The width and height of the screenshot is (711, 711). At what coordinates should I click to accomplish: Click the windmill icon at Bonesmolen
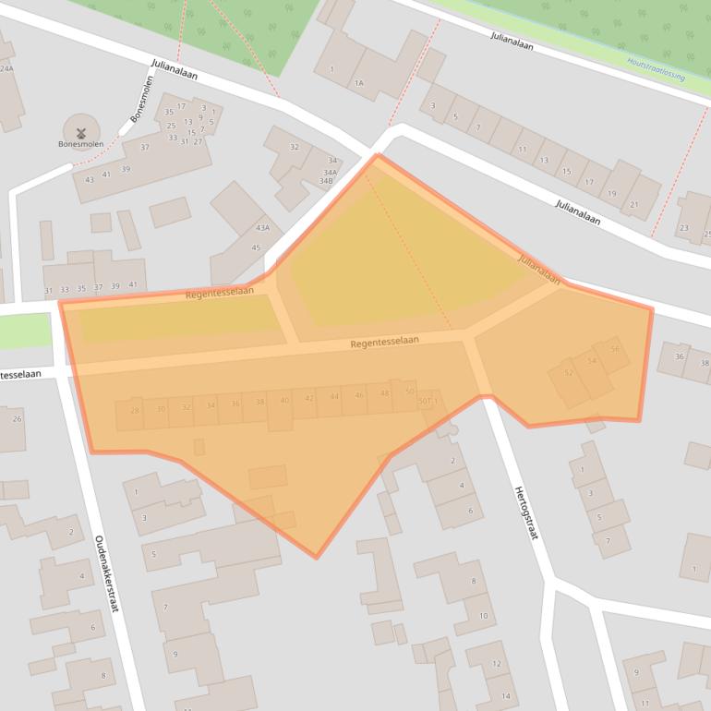80,132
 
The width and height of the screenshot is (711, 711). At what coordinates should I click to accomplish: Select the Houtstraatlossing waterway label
656,69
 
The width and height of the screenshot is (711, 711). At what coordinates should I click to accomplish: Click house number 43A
263,228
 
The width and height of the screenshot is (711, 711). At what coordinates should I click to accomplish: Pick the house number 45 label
256,247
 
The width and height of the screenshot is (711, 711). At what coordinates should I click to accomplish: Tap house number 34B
326,180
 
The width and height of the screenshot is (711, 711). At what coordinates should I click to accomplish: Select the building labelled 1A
359,83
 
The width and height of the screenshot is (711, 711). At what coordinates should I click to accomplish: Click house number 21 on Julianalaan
634,204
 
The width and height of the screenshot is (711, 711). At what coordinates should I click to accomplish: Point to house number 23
684,227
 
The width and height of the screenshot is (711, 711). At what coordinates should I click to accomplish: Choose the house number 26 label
17,419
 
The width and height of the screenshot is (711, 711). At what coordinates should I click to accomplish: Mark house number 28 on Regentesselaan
135,410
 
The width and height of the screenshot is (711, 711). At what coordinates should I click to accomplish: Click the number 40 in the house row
284,401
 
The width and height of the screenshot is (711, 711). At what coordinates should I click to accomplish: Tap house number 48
384,393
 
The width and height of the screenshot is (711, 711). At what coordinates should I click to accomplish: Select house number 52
569,373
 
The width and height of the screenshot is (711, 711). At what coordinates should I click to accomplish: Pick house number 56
615,349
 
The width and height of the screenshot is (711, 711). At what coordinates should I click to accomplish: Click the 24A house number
7,68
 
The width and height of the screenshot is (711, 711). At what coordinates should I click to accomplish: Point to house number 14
505,695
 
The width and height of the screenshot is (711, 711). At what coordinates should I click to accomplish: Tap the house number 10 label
483,616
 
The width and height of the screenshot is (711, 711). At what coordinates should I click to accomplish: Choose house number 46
359,395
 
